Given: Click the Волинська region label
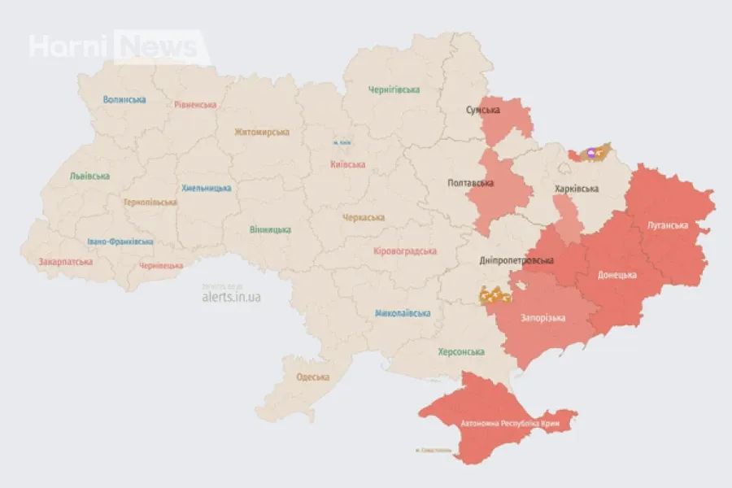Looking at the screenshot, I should pyautogui.click(x=124, y=99).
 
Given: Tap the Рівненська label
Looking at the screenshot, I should pyautogui.click(x=195, y=104).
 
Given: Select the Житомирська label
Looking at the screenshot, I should pyautogui.click(x=262, y=132).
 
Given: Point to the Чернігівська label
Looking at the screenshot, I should pyautogui.click(x=394, y=89).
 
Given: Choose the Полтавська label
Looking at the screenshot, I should pyautogui.click(x=471, y=183).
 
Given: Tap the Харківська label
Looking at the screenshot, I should pyautogui.click(x=577, y=189).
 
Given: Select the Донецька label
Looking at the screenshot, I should pyautogui.click(x=617, y=275).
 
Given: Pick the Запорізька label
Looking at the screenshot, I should pyautogui.click(x=543, y=318).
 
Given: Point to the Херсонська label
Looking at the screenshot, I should pyautogui.click(x=461, y=351).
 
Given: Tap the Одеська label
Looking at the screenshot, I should pyautogui.click(x=313, y=377).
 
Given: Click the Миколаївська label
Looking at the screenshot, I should pyautogui.click(x=403, y=313).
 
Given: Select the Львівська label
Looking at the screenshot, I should pyautogui.click(x=89, y=176).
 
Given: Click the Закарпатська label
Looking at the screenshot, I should pyautogui.click(x=66, y=262).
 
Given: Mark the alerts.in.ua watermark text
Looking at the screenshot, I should pyautogui.click(x=231, y=297).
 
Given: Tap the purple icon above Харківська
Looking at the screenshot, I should pyautogui.click(x=591, y=152).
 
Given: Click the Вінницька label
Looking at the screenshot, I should pyautogui.click(x=271, y=229).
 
